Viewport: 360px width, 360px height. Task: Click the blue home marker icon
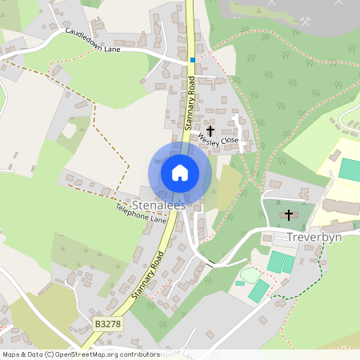(x=180, y=172)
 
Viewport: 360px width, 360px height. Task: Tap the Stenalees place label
(x=159, y=205)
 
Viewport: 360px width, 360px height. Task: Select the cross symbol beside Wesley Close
(x=211, y=130)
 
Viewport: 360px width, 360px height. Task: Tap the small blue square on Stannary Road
(x=192, y=59)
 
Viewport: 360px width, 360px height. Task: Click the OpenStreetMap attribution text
(x=81, y=354)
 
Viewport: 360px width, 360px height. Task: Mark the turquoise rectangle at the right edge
(x=350, y=169)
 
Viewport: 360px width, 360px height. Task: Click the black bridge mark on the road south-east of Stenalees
(x=210, y=263)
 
